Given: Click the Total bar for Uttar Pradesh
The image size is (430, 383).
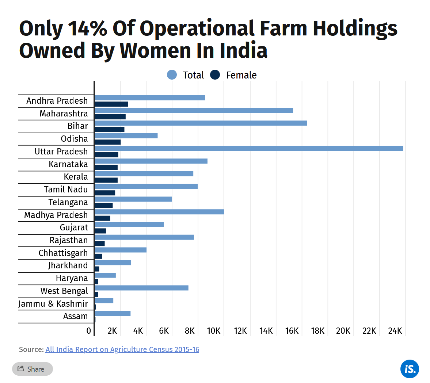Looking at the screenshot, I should click(248, 148).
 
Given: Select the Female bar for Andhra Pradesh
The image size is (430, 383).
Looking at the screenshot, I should click(111, 104).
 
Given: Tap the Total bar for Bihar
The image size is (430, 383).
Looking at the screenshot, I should click(201, 123).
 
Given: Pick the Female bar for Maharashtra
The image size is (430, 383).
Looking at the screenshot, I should click(110, 117).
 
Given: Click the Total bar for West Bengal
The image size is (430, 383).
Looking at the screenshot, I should click(141, 288).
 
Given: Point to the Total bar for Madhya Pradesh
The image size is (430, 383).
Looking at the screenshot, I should click(159, 212).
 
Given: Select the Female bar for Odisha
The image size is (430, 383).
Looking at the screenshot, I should click(107, 142).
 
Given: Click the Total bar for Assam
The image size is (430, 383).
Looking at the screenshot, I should click(113, 313).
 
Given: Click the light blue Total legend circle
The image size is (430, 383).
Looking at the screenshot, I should click(172, 75).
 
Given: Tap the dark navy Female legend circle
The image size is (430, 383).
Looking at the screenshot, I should click(215, 75).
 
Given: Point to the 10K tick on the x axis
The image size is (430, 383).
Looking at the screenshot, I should click(214, 331).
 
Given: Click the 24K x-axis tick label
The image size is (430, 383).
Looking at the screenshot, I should click(395, 331).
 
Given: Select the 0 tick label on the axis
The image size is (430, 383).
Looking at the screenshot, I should click(89, 331).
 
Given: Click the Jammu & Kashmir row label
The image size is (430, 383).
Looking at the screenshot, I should click(53, 304).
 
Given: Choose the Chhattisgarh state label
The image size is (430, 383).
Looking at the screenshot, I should click(63, 253).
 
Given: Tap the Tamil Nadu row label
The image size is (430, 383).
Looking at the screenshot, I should click(66, 189).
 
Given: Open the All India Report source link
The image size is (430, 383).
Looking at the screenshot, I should click(122, 349).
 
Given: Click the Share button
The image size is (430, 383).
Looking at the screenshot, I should click(32, 369).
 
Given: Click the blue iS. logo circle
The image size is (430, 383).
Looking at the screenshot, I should click(410, 369).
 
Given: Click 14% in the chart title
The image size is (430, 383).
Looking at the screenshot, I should click(87, 28).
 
